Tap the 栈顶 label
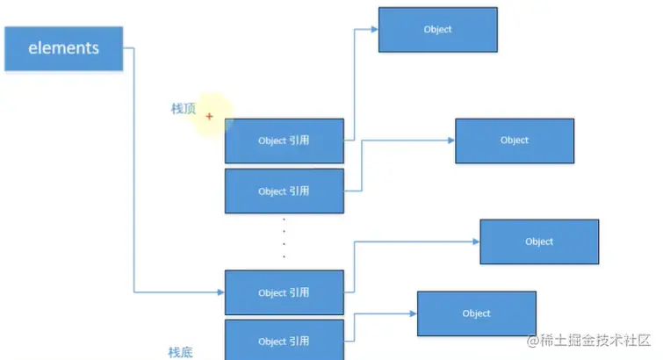click(183, 109)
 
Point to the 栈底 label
click(180, 352)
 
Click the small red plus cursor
click(209, 116)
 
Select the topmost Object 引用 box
click(284, 140)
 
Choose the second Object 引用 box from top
click(284, 191)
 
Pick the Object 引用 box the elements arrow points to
click(284, 292)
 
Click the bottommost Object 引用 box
click(284, 341)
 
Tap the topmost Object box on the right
click(437, 30)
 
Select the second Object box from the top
click(515, 140)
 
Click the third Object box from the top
click(539, 241)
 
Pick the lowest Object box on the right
click(476, 313)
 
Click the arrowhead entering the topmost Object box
click(374, 29)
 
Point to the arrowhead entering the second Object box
click(450, 140)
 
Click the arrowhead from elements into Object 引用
click(220, 292)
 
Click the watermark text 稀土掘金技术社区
click(594, 340)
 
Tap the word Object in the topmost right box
click(437, 30)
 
